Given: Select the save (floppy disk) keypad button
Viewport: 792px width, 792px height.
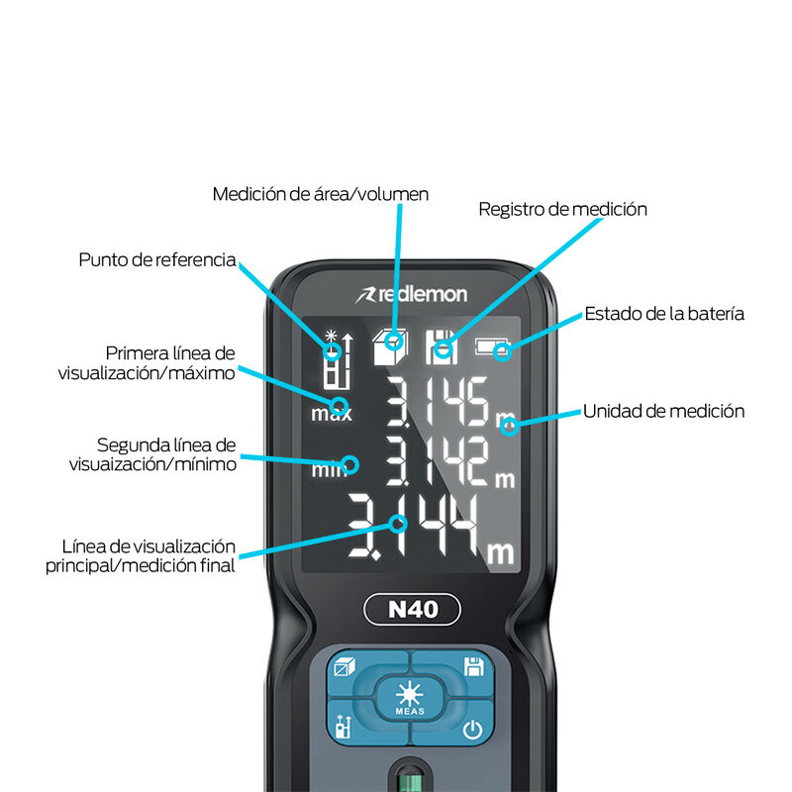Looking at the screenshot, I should pos(473,666).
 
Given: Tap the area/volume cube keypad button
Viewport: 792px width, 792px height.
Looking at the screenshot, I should pos(345,667).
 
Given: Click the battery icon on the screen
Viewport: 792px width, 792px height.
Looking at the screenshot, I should pos(495,347).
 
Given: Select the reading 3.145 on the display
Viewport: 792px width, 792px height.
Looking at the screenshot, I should pos(436,402).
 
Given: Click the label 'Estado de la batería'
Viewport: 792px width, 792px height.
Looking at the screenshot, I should pos(663,314).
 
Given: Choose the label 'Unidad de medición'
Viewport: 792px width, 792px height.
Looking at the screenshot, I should pos(663,411).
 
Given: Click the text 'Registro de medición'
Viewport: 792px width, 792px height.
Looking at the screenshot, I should pos(562,210).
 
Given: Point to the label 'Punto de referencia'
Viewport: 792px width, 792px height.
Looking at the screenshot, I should pos(157,260).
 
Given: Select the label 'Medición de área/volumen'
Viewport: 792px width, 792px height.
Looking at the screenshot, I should pos(321,194).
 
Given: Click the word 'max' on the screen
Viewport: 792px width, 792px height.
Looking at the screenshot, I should pos(331,414).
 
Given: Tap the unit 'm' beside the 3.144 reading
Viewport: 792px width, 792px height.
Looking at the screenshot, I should pos(501,551).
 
